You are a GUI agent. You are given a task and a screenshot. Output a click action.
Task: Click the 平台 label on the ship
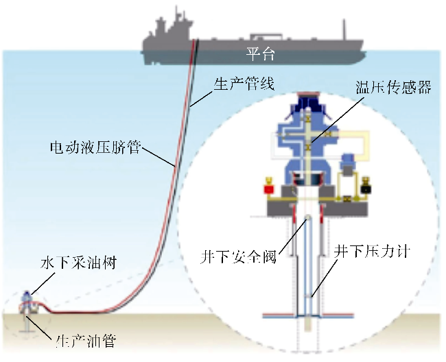click(261, 54)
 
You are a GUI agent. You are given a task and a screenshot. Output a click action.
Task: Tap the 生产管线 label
click(244, 84)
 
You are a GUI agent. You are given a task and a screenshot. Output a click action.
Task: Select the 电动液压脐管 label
click(95, 147)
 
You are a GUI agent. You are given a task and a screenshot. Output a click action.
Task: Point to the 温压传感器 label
click(393, 87)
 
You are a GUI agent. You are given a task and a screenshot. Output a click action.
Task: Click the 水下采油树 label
click(78, 263)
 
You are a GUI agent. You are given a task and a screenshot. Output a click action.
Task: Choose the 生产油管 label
click(86, 341)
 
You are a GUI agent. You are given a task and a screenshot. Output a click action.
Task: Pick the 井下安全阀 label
click(239, 257)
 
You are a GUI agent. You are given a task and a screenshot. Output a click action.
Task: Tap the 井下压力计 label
click(372, 252)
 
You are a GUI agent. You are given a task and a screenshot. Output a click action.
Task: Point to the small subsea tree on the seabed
click(27, 304)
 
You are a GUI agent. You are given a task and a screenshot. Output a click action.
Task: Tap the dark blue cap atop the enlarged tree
click(308, 101)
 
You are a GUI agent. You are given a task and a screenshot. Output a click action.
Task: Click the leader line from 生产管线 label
click(202, 99)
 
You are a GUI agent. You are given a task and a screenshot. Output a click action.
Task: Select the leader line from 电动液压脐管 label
click(158, 156)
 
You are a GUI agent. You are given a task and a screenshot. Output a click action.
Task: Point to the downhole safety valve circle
click(307, 218)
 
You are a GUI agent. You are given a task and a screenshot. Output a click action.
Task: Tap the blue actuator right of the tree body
click(347, 164)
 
